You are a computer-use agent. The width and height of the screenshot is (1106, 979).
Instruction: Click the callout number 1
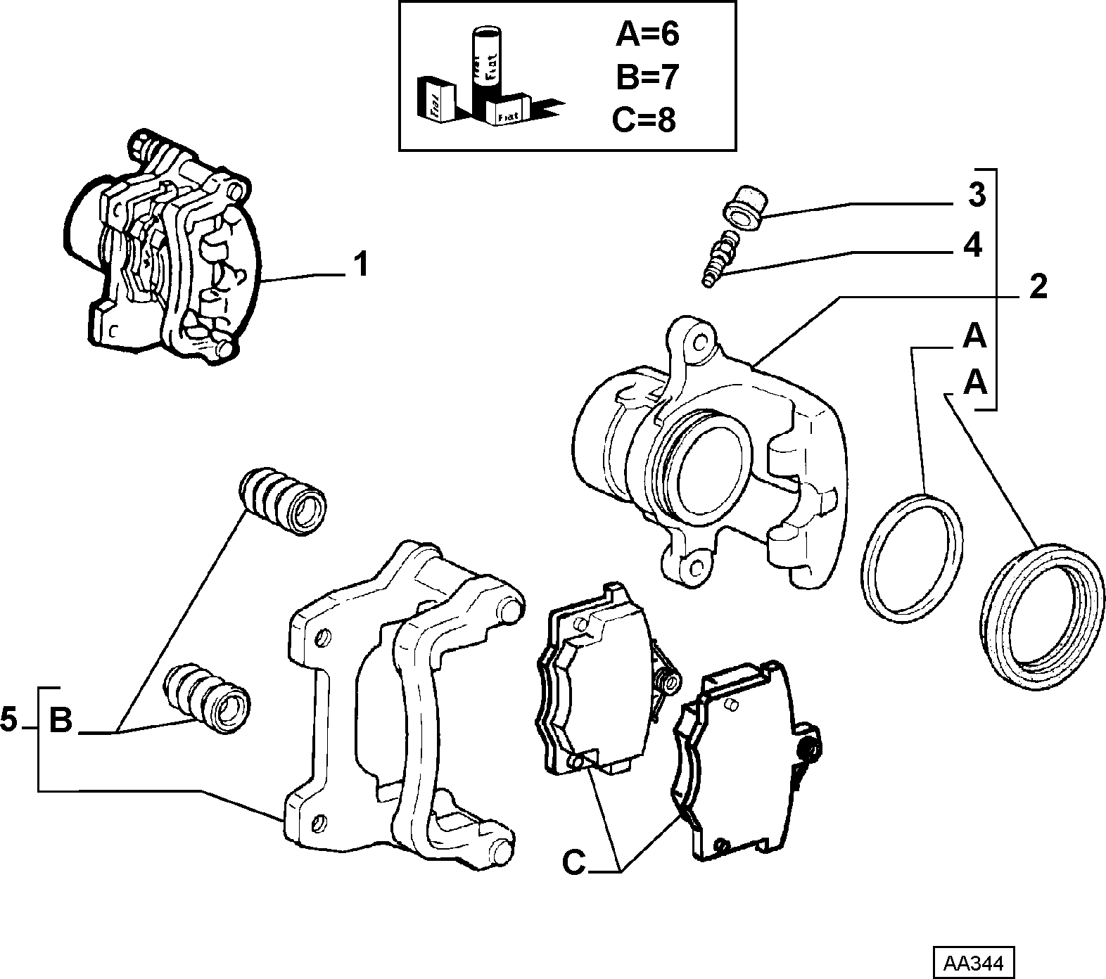[x=360, y=267]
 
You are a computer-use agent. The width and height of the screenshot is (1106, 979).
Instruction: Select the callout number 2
[x=1038, y=287]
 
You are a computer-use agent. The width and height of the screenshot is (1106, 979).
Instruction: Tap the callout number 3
[x=977, y=196]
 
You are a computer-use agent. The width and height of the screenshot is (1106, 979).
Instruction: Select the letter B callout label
[x=61, y=721]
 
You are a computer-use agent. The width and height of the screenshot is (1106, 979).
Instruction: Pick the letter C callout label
[x=574, y=863]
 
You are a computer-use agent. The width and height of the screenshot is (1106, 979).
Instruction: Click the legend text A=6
[x=647, y=34]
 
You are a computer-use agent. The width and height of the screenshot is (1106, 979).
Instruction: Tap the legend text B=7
[x=647, y=77]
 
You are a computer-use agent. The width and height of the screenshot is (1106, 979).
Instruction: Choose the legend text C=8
[x=644, y=120]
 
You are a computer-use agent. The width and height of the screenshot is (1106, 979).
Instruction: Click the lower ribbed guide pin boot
[x=207, y=698]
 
